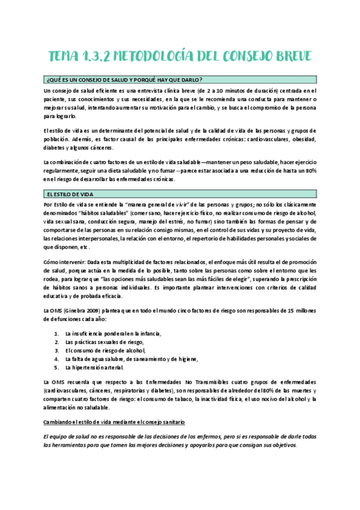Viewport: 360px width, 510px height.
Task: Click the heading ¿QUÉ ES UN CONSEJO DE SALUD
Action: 124,81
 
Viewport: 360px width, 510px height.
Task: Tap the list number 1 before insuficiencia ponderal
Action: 56,333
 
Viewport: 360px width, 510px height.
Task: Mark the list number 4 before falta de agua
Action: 56,358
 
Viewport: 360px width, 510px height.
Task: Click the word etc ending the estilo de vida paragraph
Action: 84,247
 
